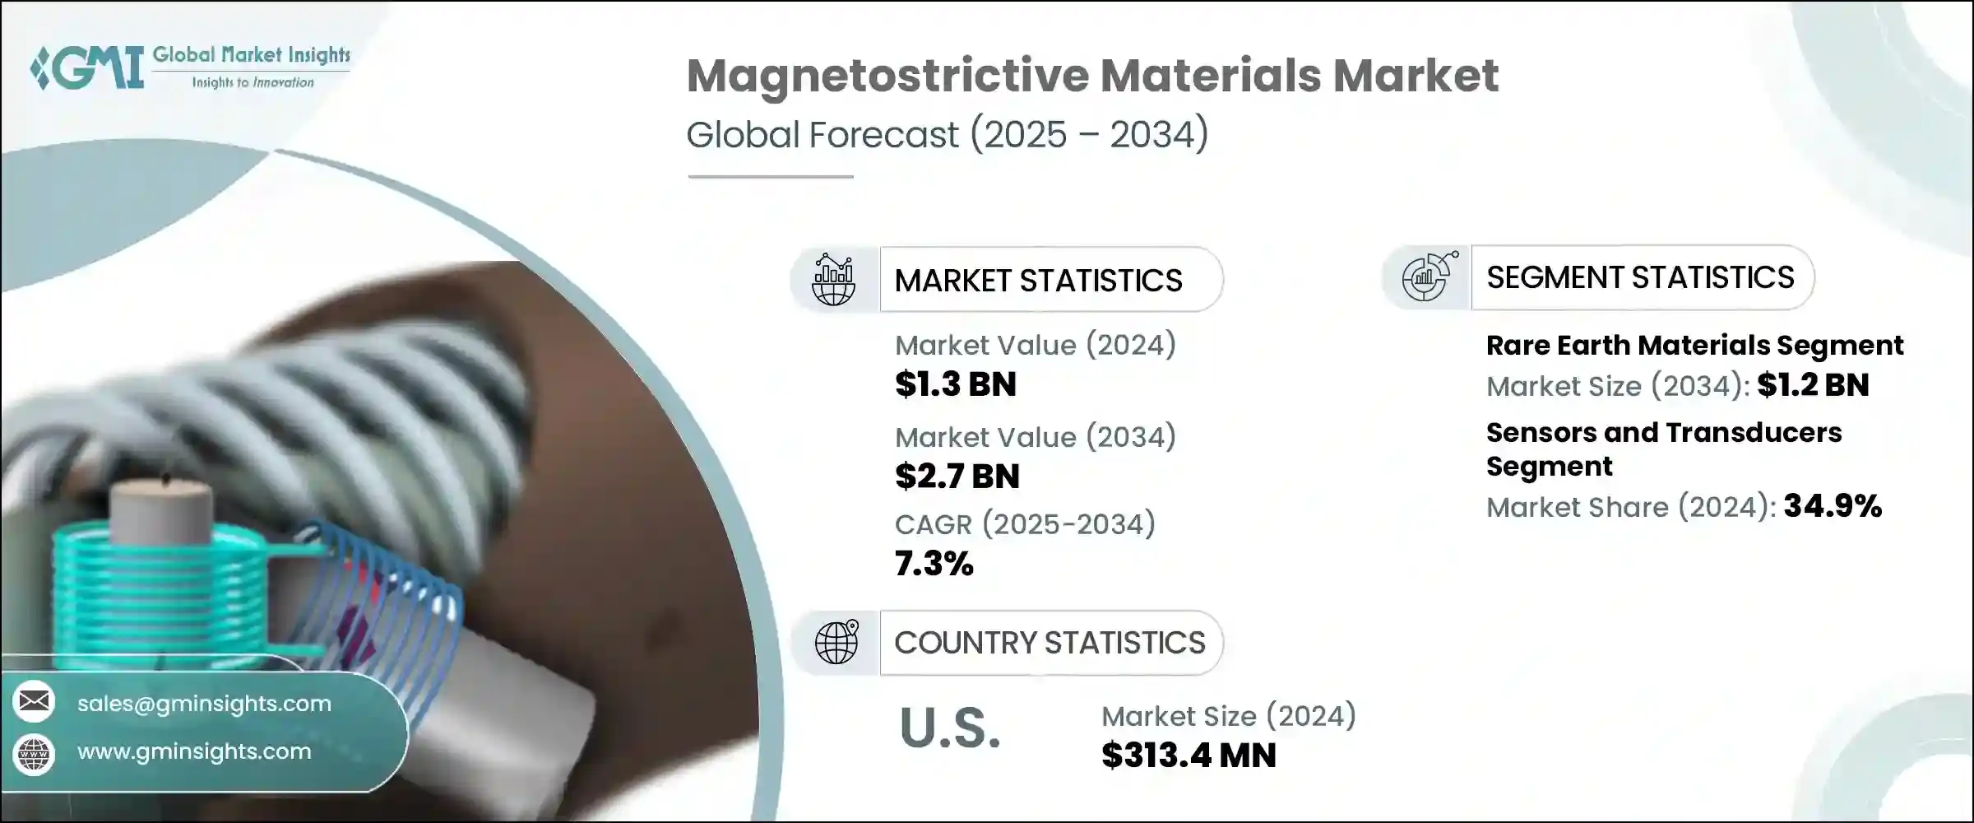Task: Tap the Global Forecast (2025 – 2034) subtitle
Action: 948,134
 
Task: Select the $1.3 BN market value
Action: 956,384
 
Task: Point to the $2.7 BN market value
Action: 957,477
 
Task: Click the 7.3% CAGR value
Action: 934,564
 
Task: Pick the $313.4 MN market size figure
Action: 1189,756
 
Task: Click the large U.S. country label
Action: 950,728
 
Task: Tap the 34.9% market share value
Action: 1833,505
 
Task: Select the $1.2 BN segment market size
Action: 1813,384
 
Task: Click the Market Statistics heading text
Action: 1038,281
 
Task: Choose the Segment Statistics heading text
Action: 1640,277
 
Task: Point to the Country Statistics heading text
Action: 1050,643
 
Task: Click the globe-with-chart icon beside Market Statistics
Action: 834,280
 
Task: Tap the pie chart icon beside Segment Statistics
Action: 1428,277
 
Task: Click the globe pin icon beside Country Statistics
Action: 836,642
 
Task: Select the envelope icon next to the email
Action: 34,701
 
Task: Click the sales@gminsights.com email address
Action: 204,704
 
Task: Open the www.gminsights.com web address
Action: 194,751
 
